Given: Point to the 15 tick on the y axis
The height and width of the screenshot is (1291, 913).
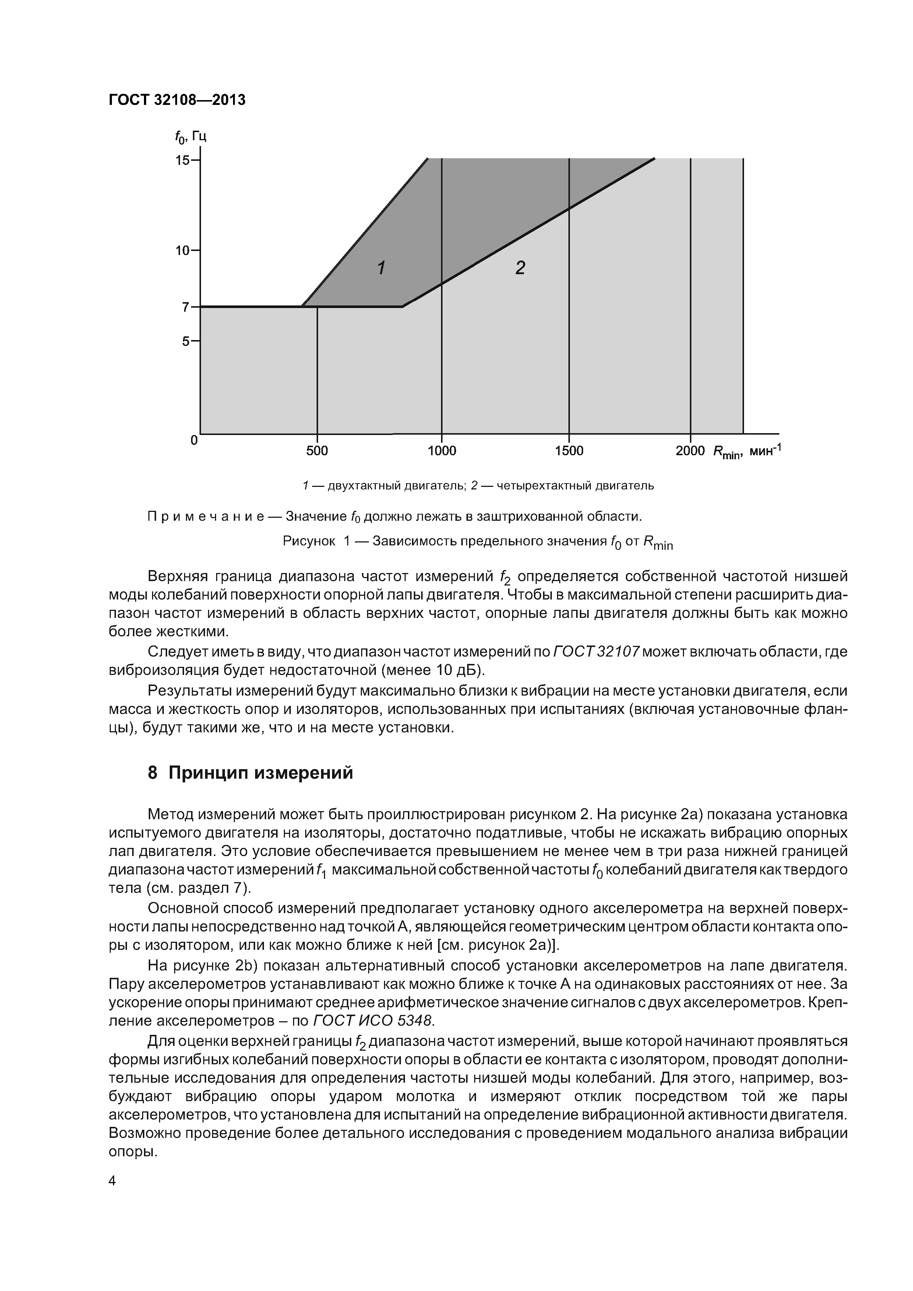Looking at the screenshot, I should (183, 160).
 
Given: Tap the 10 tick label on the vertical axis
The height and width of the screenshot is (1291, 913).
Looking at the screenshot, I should (183, 250).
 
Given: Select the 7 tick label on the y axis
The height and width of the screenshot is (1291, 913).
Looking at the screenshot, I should (186, 307).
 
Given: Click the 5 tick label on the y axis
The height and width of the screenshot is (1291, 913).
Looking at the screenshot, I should (186, 341).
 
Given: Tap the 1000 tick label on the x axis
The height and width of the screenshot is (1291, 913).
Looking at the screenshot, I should (442, 451).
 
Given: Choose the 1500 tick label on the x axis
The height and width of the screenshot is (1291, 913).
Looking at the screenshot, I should (569, 451).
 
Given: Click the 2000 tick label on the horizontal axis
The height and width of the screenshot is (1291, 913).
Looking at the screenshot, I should (690, 451).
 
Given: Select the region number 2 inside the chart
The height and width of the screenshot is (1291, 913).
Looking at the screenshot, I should (520, 268).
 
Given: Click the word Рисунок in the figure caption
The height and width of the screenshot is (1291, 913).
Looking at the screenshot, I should (308, 541).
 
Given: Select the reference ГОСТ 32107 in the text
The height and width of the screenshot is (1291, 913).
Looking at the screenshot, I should (596, 652).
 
